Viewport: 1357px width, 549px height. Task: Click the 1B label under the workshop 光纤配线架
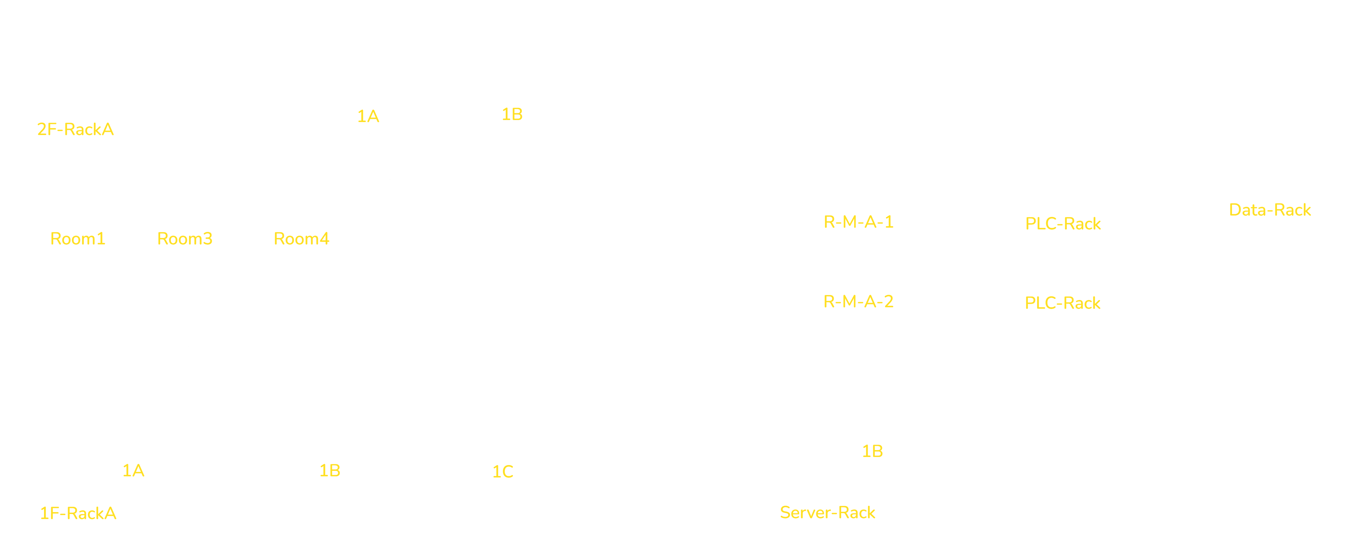[x=872, y=451]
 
